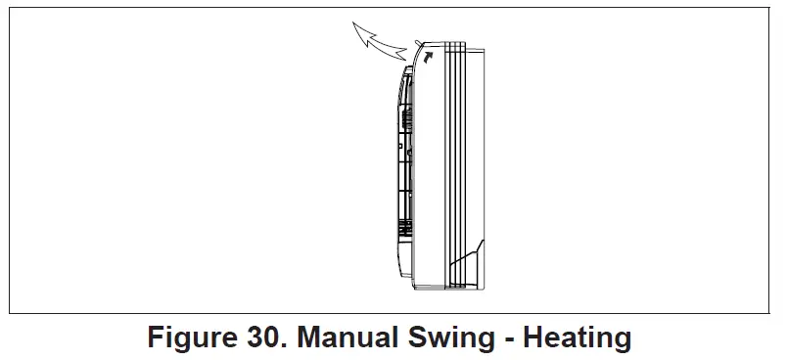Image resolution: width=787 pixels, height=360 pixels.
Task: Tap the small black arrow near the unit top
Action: point(428,58)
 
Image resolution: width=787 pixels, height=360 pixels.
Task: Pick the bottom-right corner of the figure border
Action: point(774,313)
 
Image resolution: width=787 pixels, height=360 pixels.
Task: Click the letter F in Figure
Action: point(156,339)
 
